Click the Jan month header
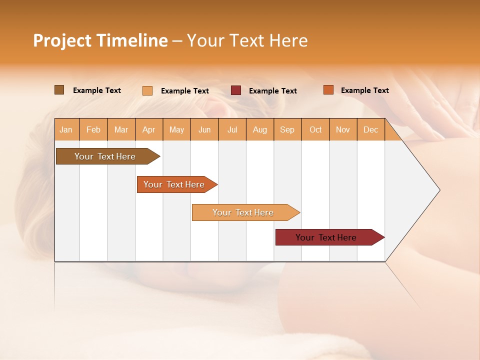tap(66, 129)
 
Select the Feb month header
tap(93, 129)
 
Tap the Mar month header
tap(121, 129)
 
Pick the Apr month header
tap(149, 129)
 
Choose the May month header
tap(176, 129)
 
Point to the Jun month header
tap(204, 129)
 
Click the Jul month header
tap(232, 129)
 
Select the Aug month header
tap(260, 129)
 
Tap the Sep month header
tap(287, 129)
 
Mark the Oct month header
tap(315, 129)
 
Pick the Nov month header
tap(343, 129)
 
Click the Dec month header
tap(371, 129)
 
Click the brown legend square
tap(59, 90)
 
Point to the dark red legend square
tap(236, 90)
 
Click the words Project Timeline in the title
tap(100, 40)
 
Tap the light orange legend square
tap(147, 90)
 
